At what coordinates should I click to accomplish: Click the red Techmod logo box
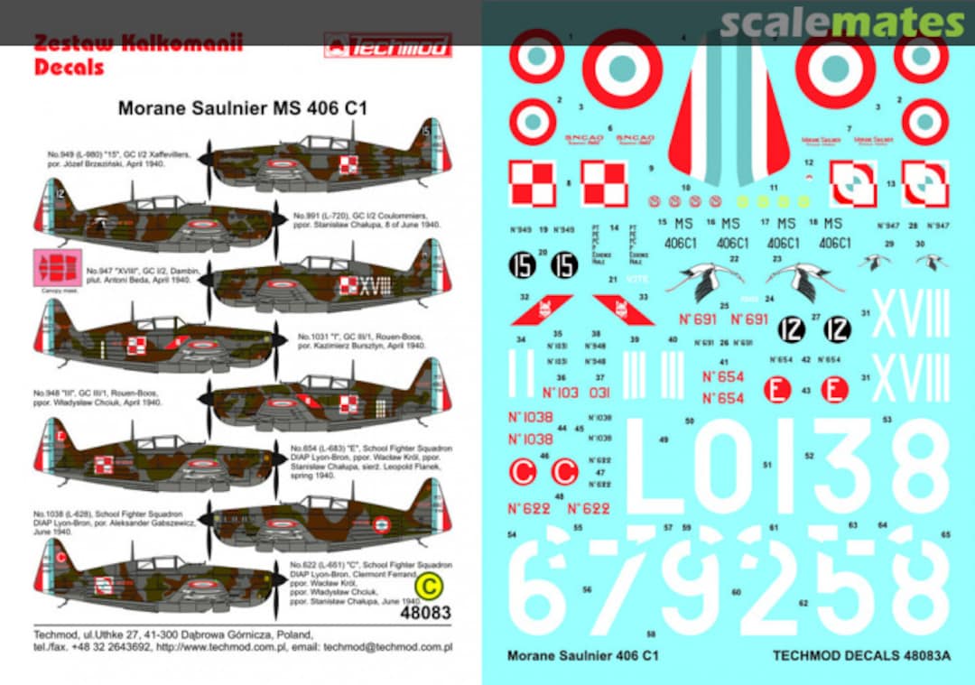(388, 45)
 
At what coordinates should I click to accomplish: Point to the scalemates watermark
(843, 23)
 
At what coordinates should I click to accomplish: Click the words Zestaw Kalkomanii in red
(137, 43)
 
